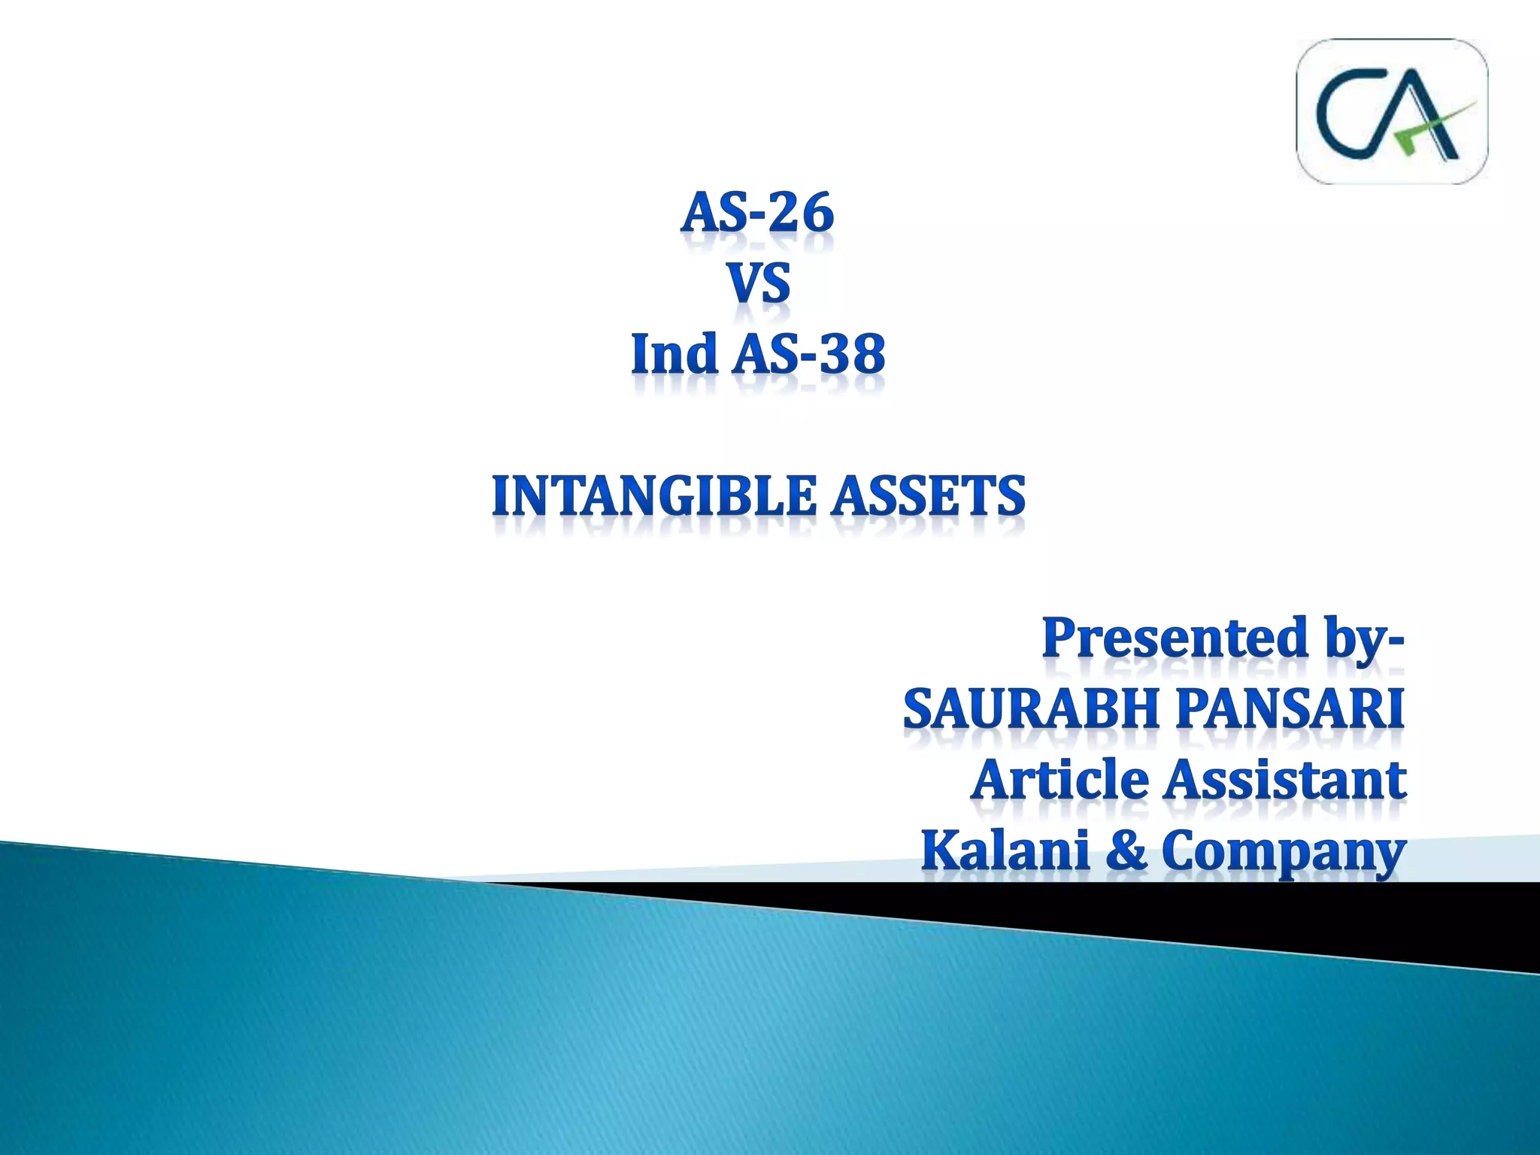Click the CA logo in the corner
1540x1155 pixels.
coord(1392,111)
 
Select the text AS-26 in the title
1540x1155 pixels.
coord(757,213)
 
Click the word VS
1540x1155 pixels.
coord(759,284)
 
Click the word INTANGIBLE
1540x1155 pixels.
coord(653,496)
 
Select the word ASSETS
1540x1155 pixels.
coord(928,496)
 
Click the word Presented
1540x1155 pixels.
coord(1175,637)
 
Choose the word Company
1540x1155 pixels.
coord(1283,851)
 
